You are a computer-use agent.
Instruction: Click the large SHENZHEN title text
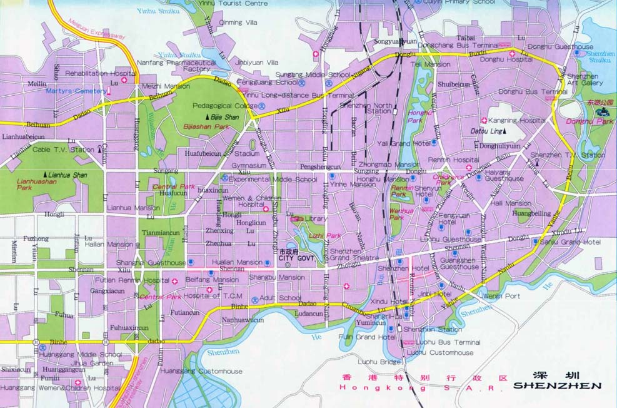pos(557,386)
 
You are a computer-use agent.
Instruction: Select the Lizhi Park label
pos(324,235)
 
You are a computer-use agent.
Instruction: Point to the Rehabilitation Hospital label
pos(100,73)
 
